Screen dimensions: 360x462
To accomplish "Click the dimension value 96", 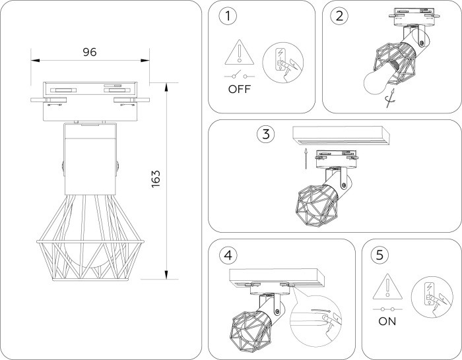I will [x=89, y=52].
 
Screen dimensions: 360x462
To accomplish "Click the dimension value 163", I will [x=156, y=179].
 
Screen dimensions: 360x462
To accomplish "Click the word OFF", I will [x=240, y=90].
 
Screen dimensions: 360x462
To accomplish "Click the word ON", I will [x=387, y=322].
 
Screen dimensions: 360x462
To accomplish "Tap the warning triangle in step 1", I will [x=239, y=53].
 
